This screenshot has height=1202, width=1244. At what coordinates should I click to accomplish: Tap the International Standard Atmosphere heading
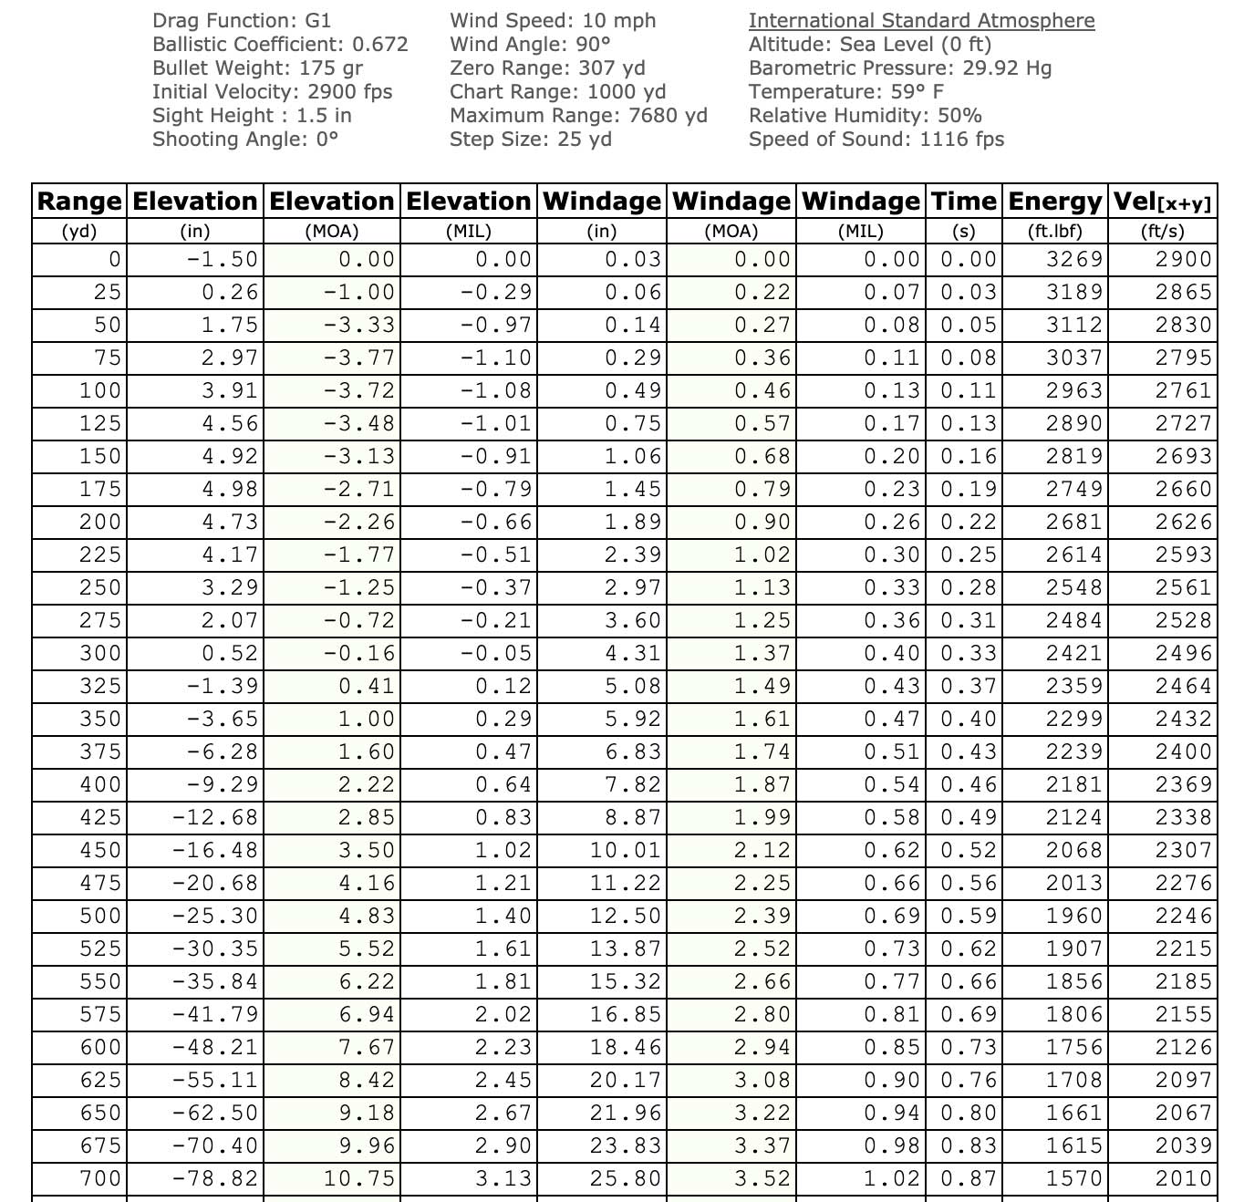pos(921,20)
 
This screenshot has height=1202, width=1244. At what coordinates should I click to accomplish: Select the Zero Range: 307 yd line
pos(547,67)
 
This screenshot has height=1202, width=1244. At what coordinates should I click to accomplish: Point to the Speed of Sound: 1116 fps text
pos(876,139)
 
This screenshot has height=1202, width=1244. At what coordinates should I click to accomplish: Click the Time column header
pos(963,201)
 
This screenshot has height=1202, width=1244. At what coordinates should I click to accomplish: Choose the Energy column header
pos(1055,201)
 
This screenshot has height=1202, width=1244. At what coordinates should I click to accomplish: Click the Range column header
pos(79,201)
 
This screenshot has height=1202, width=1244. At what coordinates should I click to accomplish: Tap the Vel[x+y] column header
pos(1163,201)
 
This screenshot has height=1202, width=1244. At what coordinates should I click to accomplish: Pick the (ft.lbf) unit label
pos(1055,231)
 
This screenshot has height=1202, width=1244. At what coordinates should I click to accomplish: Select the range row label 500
pos(100,916)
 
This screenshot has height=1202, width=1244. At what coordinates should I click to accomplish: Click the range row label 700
pos(100,1178)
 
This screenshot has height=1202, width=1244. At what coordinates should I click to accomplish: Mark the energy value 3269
pos(1074,259)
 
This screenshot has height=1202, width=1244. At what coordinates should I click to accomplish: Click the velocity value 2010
pos(1184,1178)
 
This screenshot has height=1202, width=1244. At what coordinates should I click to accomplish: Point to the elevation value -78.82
pos(215,1178)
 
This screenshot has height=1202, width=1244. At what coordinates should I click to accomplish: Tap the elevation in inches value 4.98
pos(230,489)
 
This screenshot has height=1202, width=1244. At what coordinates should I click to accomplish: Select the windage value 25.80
pos(625,1178)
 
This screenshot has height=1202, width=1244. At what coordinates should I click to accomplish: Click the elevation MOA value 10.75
pos(359,1178)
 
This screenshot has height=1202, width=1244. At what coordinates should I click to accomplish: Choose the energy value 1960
pos(1074,916)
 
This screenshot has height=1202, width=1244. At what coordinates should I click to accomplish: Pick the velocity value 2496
pos(1184,653)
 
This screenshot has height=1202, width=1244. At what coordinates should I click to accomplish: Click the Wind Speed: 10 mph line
pos(553,20)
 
